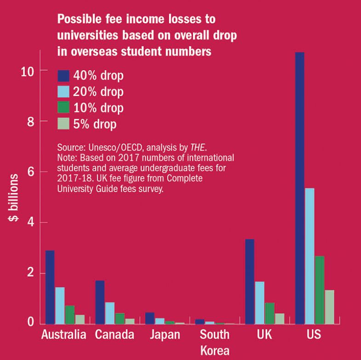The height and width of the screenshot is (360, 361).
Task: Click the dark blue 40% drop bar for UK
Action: click(x=250, y=281)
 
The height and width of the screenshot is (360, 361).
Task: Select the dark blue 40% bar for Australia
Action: click(x=50, y=287)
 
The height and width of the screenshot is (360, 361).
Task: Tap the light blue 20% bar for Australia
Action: click(x=60, y=305)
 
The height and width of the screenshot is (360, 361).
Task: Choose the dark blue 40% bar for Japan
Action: click(x=149, y=318)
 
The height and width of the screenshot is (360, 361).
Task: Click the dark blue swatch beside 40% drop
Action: click(x=63, y=76)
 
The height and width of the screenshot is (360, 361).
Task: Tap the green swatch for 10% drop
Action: click(x=63, y=108)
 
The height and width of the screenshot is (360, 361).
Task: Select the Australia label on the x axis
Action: click(x=63, y=334)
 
